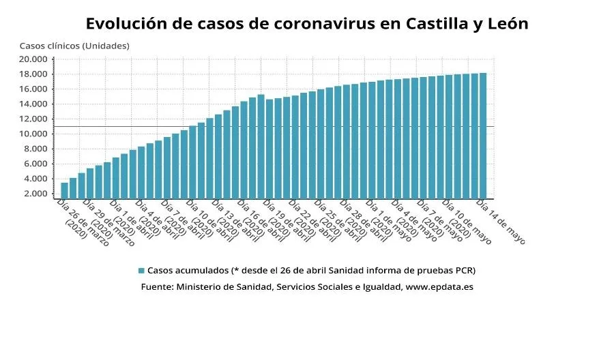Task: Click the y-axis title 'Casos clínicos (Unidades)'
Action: (x=74, y=46)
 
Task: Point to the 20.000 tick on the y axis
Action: (x=33, y=59)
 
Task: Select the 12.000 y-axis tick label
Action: (x=33, y=119)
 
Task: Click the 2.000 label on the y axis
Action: (x=35, y=194)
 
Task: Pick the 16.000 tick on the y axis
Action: (x=33, y=89)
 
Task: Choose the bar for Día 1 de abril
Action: (x=116, y=177)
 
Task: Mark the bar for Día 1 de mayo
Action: (x=372, y=140)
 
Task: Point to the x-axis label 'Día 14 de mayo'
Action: (x=501, y=222)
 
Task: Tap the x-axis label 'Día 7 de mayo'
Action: (x=440, y=222)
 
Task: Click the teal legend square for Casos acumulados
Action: (x=141, y=271)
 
